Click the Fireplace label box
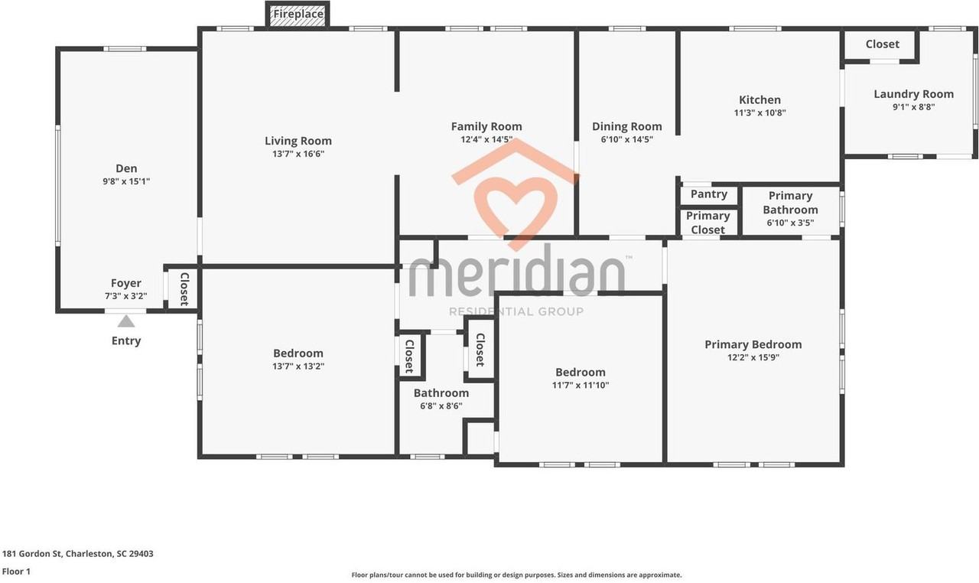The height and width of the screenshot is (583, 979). pyautogui.click(x=298, y=14)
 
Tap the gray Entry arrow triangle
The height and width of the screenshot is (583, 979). pyautogui.click(x=126, y=321)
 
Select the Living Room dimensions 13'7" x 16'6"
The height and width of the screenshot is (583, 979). pyautogui.click(x=298, y=154)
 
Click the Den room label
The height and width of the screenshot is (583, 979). pyautogui.click(x=126, y=168)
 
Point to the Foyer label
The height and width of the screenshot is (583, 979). pyautogui.click(x=126, y=283)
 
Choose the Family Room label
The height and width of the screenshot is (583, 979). pyautogui.click(x=486, y=127)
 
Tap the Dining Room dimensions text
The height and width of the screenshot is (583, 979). pyautogui.click(x=627, y=139)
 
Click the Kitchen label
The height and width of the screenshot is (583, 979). pyautogui.click(x=759, y=99)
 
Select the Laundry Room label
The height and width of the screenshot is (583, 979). pyautogui.click(x=913, y=94)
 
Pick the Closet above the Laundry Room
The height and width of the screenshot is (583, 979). pyautogui.click(x=882, y=44)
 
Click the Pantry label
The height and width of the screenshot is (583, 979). pyautogui.click(x=709, y=194)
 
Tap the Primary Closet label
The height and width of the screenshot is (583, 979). pyautogui.click(x=708, y=223)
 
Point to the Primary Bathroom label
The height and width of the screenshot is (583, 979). pyautogui.click(x=790, y=203)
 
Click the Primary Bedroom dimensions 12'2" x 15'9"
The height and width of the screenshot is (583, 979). pyautogui.click(x=753, y=357)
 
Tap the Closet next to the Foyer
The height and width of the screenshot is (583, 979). pyautogui.click(x=184, y=288)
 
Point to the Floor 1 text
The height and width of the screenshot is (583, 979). pyautogui.click(x=16, y=572)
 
